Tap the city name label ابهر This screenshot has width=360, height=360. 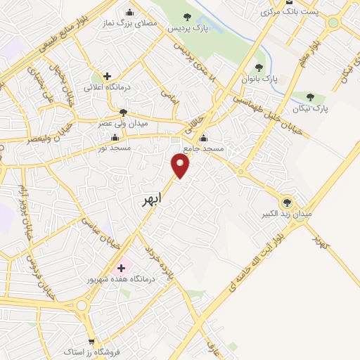150,200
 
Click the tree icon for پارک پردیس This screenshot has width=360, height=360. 186,18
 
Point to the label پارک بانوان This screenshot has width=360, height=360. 259,78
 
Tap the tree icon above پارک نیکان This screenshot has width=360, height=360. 310,96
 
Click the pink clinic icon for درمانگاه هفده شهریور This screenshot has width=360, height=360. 121,267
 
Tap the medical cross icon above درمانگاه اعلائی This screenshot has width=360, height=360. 106,76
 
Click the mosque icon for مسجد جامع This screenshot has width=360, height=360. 204,138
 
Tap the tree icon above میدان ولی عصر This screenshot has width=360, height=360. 123,111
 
